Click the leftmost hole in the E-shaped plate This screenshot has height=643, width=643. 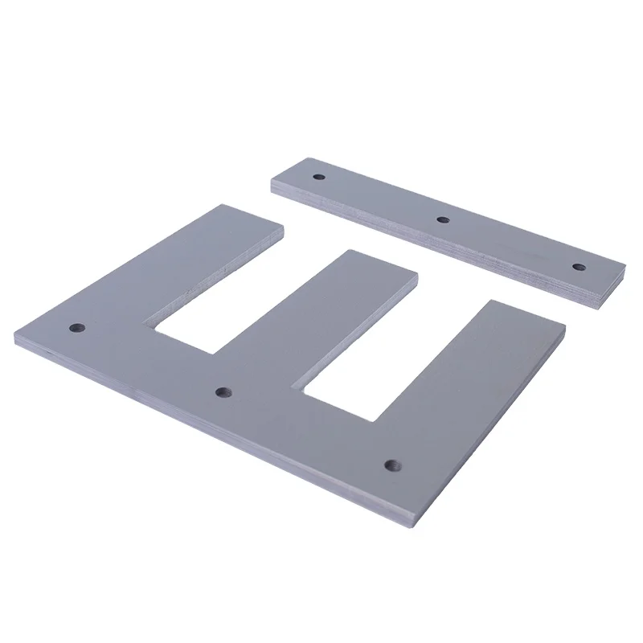[x=77, y=327]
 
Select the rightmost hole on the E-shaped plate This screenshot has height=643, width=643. [x=391, y=465]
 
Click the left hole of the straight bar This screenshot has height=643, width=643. [x=318, y=174]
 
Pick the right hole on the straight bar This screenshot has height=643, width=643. [x=576, y=266]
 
